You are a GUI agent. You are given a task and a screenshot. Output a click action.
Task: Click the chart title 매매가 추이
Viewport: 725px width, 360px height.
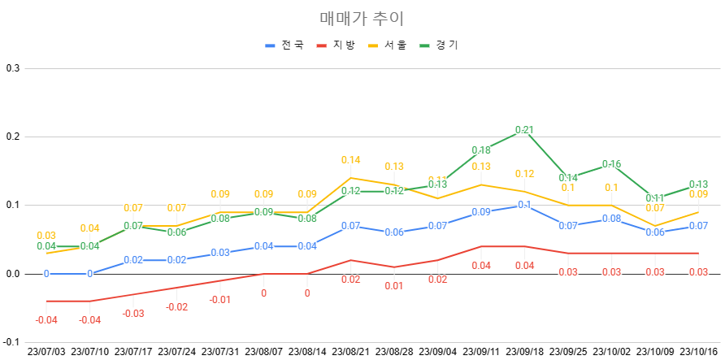pyautogui.click(x=362, y=18)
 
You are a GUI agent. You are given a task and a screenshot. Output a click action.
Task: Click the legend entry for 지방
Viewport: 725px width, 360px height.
pyautogui.click(x=344, y=46)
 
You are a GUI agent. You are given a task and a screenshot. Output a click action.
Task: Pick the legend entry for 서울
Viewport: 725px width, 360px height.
pyautogui.click(x=396, y=46)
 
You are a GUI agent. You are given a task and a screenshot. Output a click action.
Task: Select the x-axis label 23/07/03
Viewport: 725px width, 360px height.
pyautogui.click(x=46, y=352)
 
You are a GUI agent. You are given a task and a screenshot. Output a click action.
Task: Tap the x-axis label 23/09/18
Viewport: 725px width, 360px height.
pyautogui.click(x=524, y=352)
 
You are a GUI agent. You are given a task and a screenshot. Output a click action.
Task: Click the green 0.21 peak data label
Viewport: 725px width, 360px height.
pyautogui.click(x=524, y=130)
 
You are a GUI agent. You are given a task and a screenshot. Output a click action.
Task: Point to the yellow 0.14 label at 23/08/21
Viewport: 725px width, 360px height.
pyautogui.click(x=350, y=160)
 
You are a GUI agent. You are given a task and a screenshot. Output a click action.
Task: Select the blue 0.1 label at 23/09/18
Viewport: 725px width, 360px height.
pyautogui.click(x=524, y=205)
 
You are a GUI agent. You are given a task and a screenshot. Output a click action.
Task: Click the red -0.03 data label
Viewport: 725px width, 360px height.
pyautogui.click(x=133, y=314)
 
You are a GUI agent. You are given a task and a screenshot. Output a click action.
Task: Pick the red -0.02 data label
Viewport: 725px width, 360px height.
pyautogui.click(x=176, y=307)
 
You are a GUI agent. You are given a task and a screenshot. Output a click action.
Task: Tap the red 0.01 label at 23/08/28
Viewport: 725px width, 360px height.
pyautogui.click(x=394, y=286)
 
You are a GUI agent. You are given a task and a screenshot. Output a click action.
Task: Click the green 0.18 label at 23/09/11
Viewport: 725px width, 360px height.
pyautogui.click(x=481, y=150)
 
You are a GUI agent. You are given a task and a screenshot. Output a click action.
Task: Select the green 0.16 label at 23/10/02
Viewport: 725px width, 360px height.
pyautogui.click(x=611, y=164)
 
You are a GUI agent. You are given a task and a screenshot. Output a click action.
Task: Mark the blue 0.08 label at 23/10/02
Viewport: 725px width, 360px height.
pyautogui.click(x=611, y=219)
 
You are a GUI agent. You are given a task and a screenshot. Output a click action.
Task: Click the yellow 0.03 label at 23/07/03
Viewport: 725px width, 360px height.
pyautogui.click(x=46, y=236)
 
